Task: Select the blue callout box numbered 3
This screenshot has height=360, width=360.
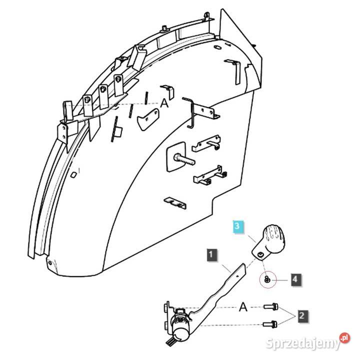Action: [x=238, y=226]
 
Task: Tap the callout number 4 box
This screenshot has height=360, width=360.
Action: [x=296, y=279]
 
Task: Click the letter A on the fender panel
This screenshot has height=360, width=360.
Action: [x=164, y=103]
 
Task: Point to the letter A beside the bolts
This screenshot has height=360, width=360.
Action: [x=243, y=306]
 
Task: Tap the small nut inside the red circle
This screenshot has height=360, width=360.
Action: [x=268, y=280]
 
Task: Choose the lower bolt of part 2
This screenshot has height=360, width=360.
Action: [x=269, y=324]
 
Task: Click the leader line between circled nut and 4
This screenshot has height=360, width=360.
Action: [x=282, y=280]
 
